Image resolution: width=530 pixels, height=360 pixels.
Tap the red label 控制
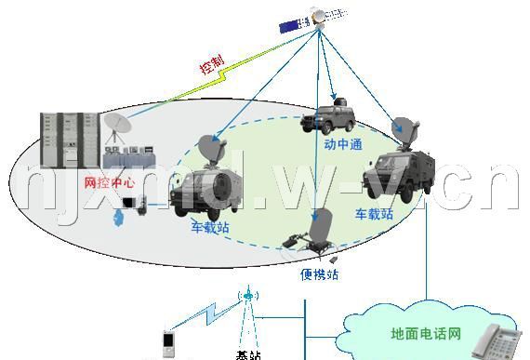pos(212,64)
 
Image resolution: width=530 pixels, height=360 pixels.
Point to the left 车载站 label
pos(210,227)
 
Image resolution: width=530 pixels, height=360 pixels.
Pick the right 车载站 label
pos(375,214)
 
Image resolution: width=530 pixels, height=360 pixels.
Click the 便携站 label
pos(319,275)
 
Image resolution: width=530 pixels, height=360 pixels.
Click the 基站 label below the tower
pos(248,354)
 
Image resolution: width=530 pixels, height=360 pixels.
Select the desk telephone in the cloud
pos(494,342)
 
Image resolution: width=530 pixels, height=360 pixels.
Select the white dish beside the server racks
pos(120,125)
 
